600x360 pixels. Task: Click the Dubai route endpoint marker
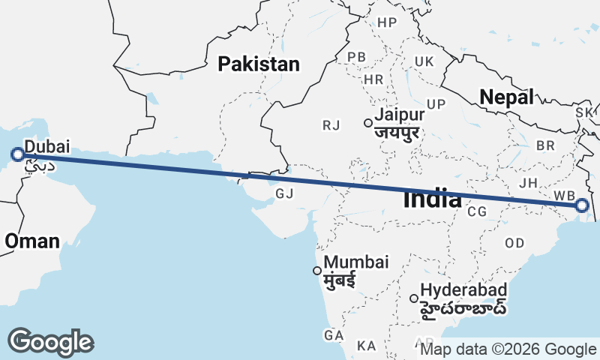[x=18, y=155]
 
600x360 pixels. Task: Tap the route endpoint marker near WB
[x=583, y=205]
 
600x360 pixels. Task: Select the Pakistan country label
[x=259, y=64]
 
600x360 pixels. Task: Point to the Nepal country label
[x=507, y=97]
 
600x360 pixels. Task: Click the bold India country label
[x=432, y=199]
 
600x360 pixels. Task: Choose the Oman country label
[x=31, y=241]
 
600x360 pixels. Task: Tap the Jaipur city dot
[x=367, y=123]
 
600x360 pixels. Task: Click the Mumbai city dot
[x=317, y=271]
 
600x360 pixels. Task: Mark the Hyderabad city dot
[x=413, y=298]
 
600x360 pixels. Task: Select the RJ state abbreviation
[x=331, y=125]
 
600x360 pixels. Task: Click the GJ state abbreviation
[x=284, y=193]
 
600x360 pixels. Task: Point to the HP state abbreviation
[x=387, y=23]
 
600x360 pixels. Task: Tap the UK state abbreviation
[x=424, y=61]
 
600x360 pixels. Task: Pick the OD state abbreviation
[x=514, y=243]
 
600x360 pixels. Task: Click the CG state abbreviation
[x=477, y=212]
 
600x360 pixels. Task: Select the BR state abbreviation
[x=546, y=144]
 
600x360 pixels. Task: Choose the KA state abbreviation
[x=367, y=346]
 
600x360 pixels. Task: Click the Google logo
[x=50, y=342]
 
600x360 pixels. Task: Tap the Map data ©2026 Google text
[x=508, y=349]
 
